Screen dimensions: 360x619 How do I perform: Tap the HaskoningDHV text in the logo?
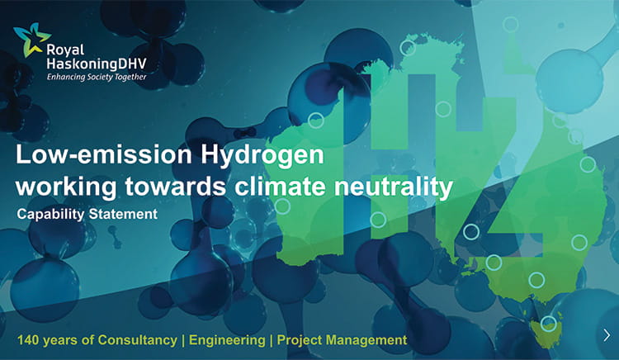click(x=101, y=51)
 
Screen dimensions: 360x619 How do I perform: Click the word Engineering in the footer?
click(x=229, y=339)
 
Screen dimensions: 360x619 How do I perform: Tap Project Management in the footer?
click(x=342, y=339)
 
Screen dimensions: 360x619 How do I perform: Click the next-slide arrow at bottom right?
click(x=607, y=334)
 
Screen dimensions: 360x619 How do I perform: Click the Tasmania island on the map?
click(x=546, y=332)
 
